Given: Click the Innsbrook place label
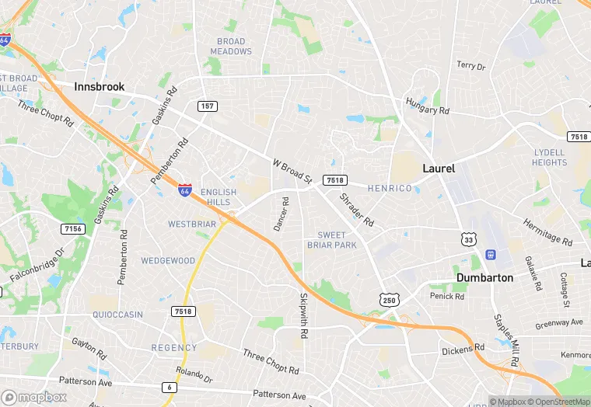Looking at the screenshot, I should click(100, 87).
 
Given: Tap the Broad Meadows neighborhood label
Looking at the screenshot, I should click(231, 47).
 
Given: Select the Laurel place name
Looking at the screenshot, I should click(439, 168).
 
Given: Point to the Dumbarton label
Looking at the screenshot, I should click(484, 277).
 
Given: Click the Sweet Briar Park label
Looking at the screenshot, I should click(337, 240).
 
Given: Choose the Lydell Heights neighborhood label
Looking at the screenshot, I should click(550, 158).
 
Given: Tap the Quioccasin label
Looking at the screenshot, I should click(117, 315).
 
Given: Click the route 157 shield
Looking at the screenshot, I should click(207, 106).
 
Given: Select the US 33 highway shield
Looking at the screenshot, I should click(468, 239).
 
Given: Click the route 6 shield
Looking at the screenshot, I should click(170, 387).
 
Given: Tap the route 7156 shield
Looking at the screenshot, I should click(73, 228).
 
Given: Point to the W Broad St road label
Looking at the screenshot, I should click(292, 172).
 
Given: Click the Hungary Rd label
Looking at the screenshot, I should click(428, 106).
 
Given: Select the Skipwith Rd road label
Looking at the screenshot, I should click(303, 309).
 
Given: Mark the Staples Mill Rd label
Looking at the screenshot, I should click(505, 339).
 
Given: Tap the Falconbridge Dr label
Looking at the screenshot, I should click(37, 266).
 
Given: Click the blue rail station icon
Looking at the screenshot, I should click(490, 255).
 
